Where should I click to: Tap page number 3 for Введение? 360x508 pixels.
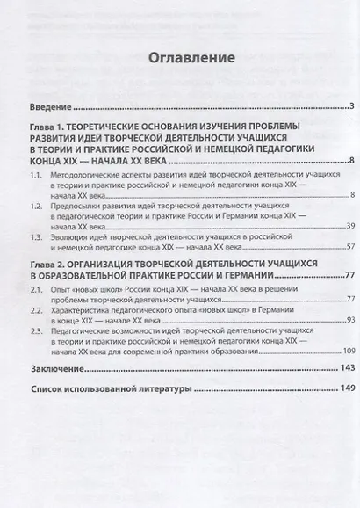349,107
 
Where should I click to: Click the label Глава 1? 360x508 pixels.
49,129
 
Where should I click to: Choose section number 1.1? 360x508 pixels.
36,176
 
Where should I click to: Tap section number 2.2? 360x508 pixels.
36,322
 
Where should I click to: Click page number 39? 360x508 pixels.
349,227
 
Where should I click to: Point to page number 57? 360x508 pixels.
349,247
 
